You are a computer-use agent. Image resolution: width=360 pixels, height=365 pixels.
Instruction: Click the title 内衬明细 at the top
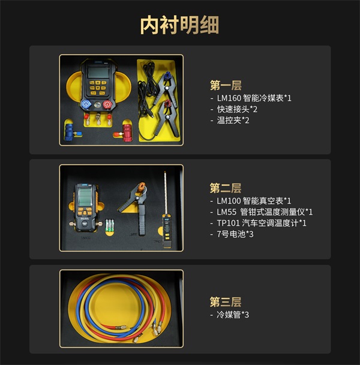[x=179, y=25]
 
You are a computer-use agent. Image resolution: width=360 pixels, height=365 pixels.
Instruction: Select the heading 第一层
[x=225, y=84]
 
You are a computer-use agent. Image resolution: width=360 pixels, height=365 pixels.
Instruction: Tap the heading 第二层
[x=225, y=188]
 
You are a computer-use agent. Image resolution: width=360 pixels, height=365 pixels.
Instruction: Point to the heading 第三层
[x=225, y=301]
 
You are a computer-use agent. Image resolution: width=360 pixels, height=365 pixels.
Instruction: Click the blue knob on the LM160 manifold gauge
[x=88, y=104]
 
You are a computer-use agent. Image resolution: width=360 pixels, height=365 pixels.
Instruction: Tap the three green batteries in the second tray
[x=109, y=226]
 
